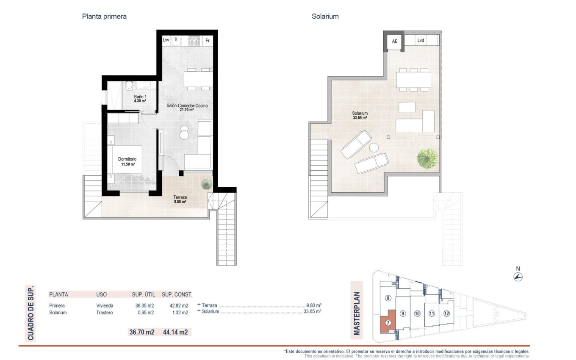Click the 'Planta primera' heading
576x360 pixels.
click(x=104, y=17)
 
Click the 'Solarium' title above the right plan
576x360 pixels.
click(x=325, y=17)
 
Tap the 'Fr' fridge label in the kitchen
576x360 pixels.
click(x=207, y=41)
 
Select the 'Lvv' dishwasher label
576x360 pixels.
click(x=166, y=41)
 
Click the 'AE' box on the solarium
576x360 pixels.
click(x=394, y=41)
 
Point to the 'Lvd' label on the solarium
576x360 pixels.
click(x=421, y=41)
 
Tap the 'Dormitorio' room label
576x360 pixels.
click(x=127, y=159)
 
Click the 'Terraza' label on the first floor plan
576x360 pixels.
click(x=180, y=197)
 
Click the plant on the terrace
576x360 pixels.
click(x=206, y=184)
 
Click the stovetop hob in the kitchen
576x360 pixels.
click(x=194, y=41)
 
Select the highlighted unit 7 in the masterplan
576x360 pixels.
click(x=387, y=322)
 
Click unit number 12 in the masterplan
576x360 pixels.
click(x=446, y=314)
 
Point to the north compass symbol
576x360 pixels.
click(x=518, y=277)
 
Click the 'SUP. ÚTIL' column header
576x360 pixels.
click(x=144, y=294)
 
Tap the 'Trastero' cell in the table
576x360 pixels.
click(x=105, y=313)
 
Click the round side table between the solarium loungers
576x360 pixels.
click(x=374, y=148)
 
